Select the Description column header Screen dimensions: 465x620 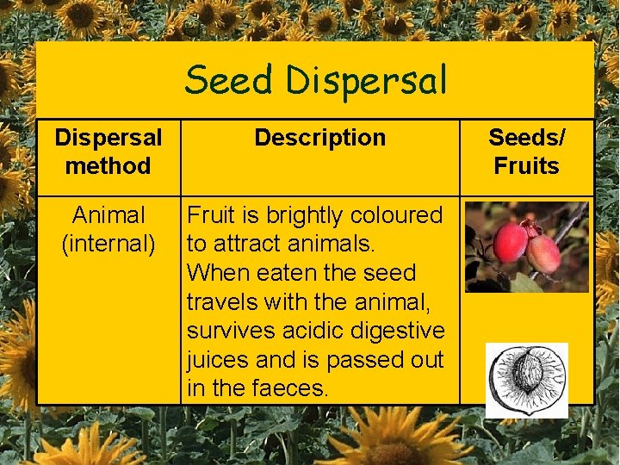(x=320, y=137)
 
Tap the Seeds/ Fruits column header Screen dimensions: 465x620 (x=526, y=151)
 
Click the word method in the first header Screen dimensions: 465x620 (x=108, y=165)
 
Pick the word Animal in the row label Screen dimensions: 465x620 (x=108, y=214)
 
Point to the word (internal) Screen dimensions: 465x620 (x=108, y=244)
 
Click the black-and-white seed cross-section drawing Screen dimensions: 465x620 (x=526, y=380)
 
